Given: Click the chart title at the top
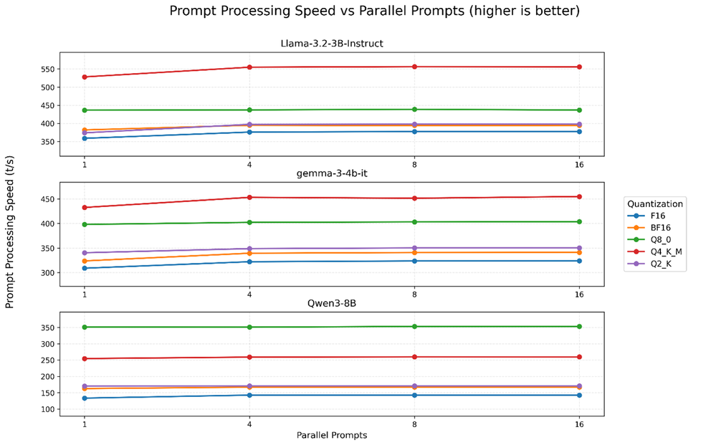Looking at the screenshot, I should click(x=374, y=11).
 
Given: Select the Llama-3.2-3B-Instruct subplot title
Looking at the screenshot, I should click(x=331, y=44).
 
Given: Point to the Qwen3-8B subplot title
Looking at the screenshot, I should click(x=331, y=303).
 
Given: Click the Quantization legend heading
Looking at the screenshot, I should click(x=654, y=204).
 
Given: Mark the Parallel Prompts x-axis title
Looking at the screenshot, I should click(x=331, y=435).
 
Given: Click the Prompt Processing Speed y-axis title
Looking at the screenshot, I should click(x=10, y=231).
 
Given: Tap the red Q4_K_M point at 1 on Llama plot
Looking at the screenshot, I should click(x=85, y=77).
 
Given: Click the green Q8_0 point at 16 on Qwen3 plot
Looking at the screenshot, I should click(x=579, y=327).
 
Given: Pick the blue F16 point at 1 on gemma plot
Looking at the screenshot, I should click(x=85, y=268).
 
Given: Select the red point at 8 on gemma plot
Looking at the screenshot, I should click(x=414, y=198).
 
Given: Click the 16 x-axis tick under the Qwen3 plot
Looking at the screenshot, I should click(x=579, y=424).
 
